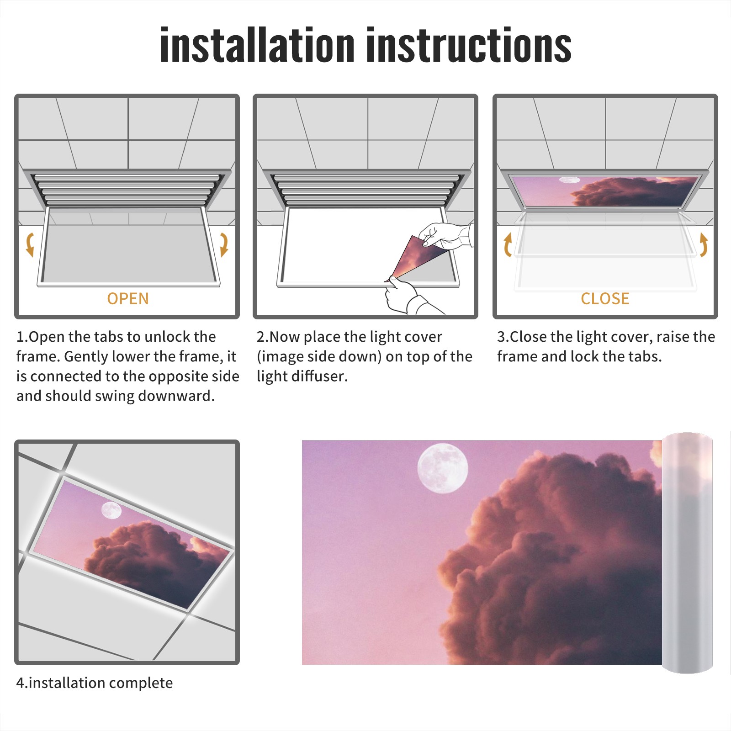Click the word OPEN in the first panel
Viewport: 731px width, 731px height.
[x=128, y=298]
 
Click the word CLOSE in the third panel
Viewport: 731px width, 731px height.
[x=605, y=298]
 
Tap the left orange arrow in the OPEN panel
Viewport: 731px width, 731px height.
[x=30, y=244]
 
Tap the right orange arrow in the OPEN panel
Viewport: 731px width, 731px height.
[x=224, y=244]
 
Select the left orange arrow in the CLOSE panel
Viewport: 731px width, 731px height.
[x=507, y=244]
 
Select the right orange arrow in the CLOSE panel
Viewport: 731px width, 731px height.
[x=704, y=244]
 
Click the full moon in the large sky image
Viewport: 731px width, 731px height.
[x=443, y=469]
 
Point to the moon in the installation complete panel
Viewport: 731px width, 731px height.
[x=111, y=510]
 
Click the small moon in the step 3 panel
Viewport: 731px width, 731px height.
[x=569, y=180]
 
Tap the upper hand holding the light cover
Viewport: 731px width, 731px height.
[x=445, y=235]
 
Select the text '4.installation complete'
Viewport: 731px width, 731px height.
[x=95, y=683]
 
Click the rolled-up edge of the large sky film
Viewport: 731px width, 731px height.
[x=687, y=553]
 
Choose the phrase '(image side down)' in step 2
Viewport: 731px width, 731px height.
[x=319, y=357]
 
